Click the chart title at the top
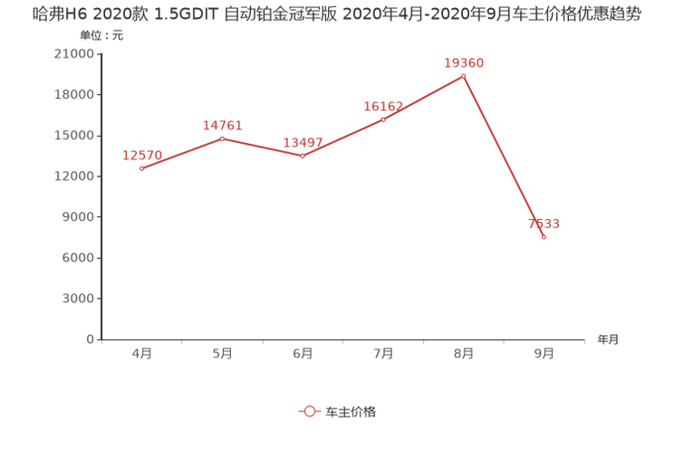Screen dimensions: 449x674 [x=336, y=15]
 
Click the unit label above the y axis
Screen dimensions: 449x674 [x=91, y=37]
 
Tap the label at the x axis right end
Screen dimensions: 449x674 [x=608, y=340]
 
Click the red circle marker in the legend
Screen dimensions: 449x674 [x=310, y=411]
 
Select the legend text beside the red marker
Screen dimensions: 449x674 [x=351, y=411]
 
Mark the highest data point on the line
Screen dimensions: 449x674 [x=464, y=76]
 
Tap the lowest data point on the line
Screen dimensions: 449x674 [x=544, y=237]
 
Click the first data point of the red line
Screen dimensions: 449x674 [x=141, y=168]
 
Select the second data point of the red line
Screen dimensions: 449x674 [x=222, y=138]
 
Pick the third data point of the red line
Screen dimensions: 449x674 [x=303, y=156]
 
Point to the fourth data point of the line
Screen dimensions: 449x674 [x=383, y=119]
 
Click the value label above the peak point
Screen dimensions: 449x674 [x=464, y=62]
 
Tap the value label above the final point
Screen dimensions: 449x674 [x=544, y=223]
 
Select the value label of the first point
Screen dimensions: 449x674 [x=141, y=155]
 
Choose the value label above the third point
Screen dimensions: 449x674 [x=303, y=142]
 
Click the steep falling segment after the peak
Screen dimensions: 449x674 [x=504, y=157]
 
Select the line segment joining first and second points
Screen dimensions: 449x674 [x=181, y=153]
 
